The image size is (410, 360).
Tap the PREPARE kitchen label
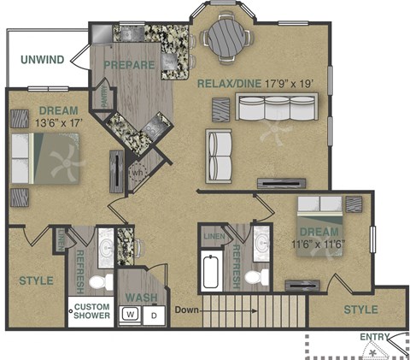[x=129, y=65]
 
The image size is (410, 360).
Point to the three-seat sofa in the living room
[x=276, y=109]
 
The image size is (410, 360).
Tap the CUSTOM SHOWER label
[x=91, y=310]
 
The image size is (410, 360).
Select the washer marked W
[x=130, y=315]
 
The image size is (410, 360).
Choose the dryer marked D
[x=154, y=315]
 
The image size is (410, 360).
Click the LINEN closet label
[x=214, y=234]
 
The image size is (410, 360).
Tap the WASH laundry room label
[x=141, y=297]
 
